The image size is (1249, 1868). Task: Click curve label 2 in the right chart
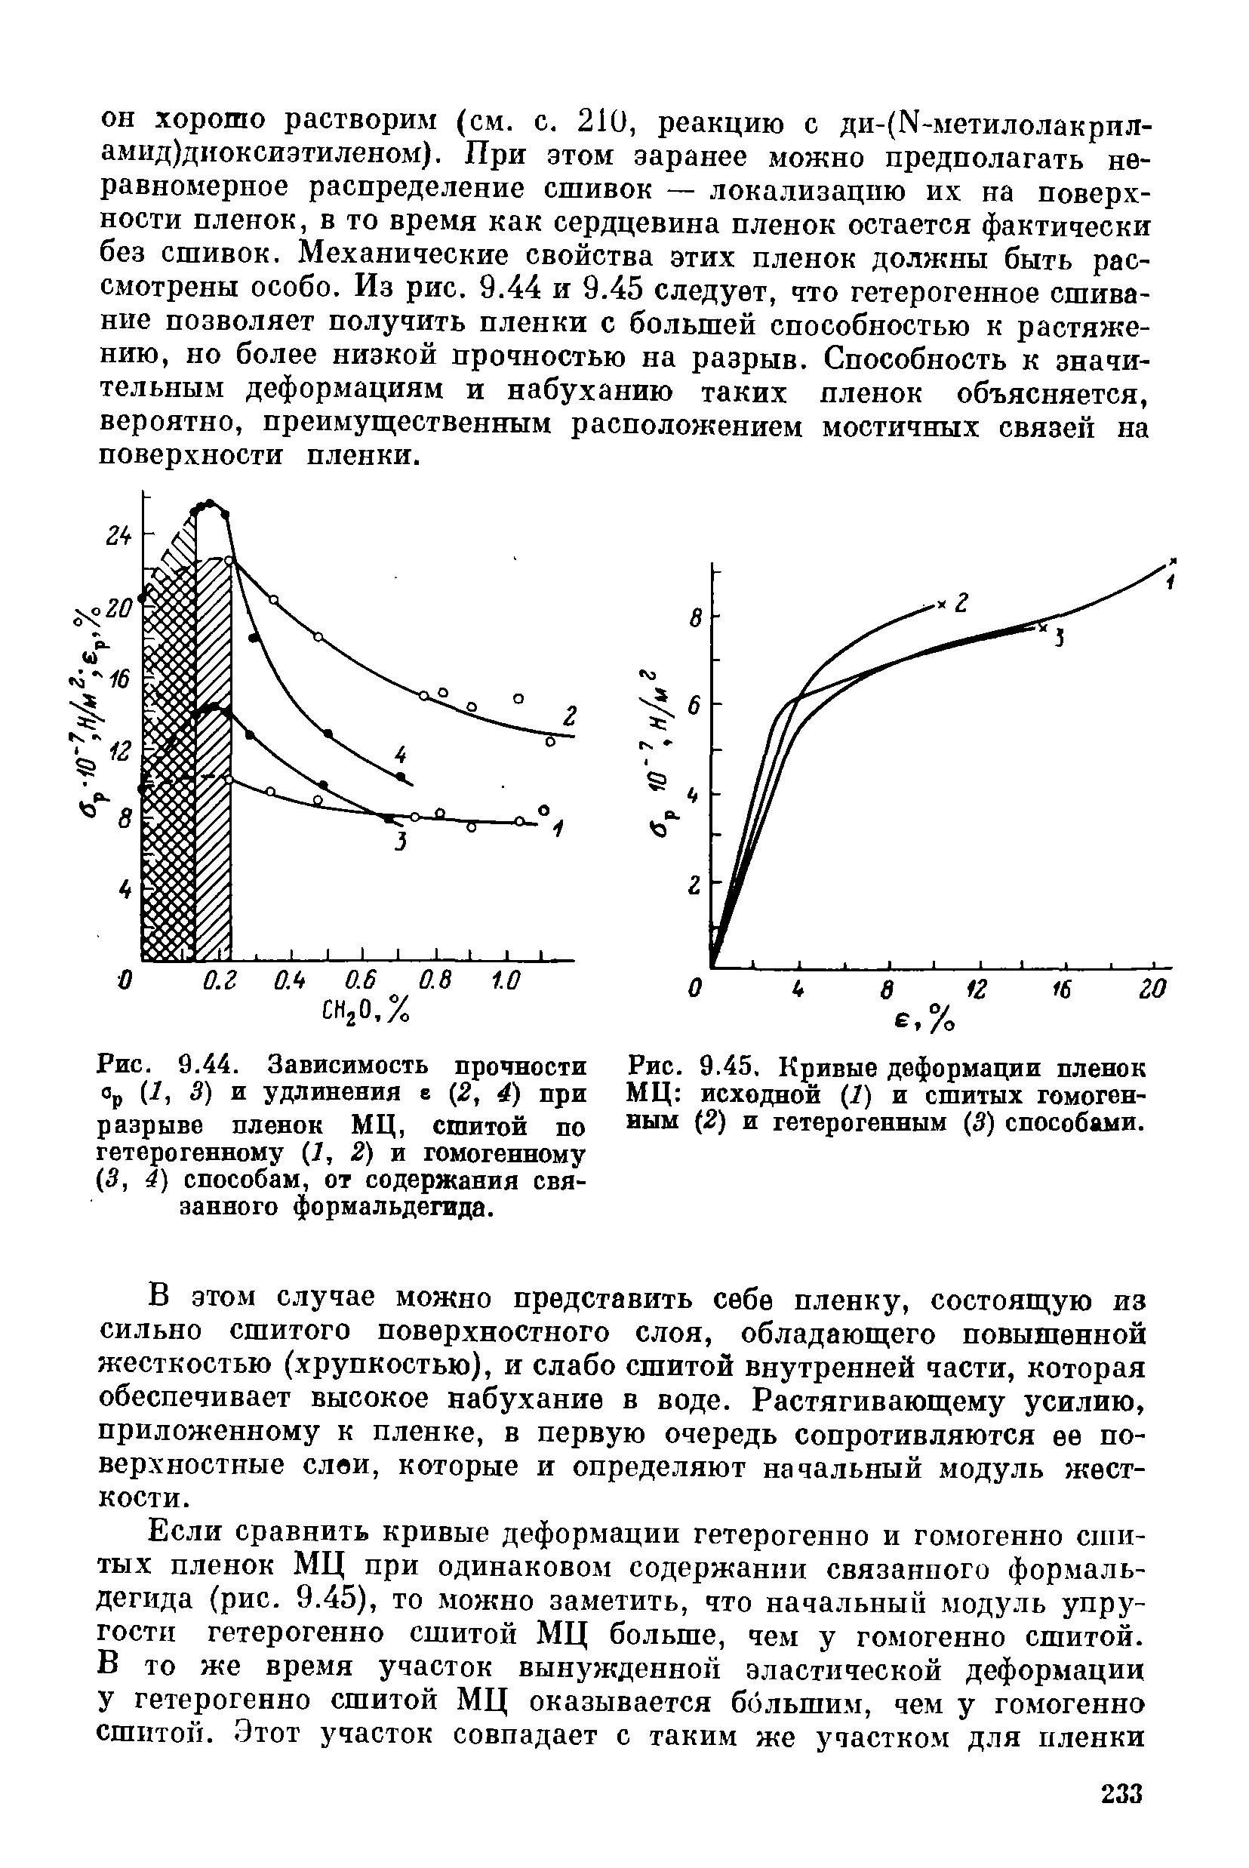pyautogui.click(x=961, y=602)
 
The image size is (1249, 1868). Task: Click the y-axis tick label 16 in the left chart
pyautogui.click(x=119, y=680)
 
